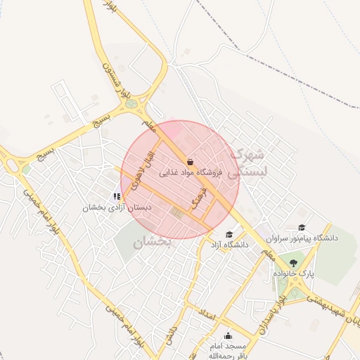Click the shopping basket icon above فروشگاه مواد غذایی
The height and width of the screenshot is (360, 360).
pos(190,162)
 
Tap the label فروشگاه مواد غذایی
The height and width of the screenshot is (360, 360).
pos(191,172)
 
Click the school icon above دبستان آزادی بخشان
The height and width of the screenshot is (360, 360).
pos(117,197)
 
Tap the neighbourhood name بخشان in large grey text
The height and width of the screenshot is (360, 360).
pos(151,242)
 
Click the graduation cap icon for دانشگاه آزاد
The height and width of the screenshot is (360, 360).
pos(229,235)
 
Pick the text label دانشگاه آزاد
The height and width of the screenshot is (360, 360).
pos(229,245)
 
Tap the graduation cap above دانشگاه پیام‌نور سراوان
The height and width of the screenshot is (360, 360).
pos(302,227)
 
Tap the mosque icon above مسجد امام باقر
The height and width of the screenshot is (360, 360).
pos(227,336)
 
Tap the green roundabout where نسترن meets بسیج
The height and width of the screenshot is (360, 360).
pos(131,105)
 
